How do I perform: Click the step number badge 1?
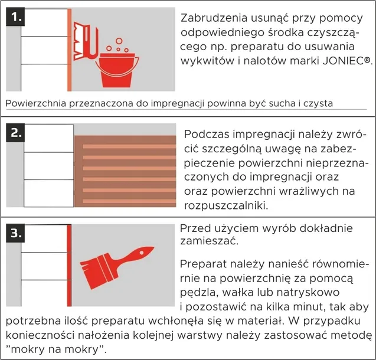[15, 17]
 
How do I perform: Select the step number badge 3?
[15, 233]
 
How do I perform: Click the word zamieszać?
[210, 242]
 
